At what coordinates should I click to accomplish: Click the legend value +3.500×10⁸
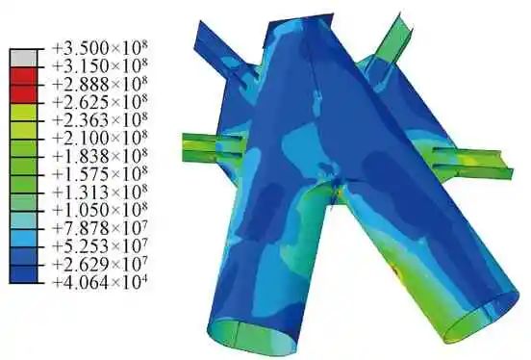click(x=100, y=48)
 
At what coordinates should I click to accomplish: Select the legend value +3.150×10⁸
click(x=100, y=65)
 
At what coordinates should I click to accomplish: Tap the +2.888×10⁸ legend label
click(x=100, y=84)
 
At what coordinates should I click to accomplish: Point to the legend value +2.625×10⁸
click(x=100, y=102)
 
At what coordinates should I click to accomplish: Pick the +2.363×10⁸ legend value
click(x=100, y=120)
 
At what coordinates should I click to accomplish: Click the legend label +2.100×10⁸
click(x=100, y=138)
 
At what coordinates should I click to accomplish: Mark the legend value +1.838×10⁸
click(x=100, y=156)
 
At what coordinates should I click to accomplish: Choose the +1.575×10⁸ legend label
click(x=100, y=174)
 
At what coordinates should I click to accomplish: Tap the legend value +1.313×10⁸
click(x=100, y=193)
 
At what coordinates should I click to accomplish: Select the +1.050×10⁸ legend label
click(x=100, y=211)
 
